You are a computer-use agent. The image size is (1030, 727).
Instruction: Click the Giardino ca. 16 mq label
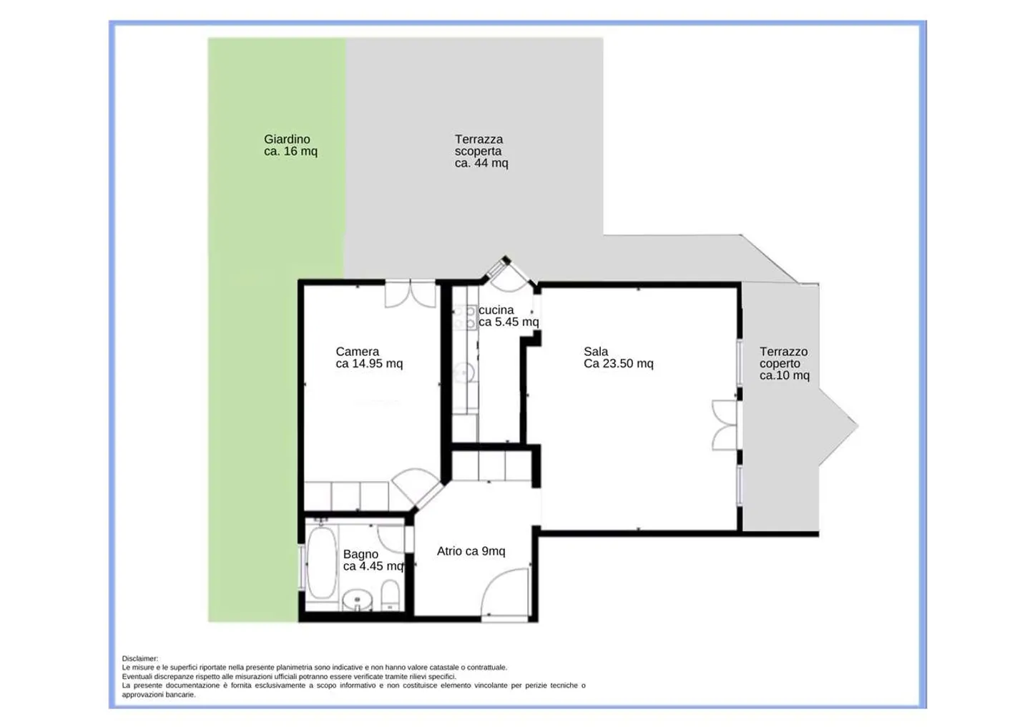coord(290,145)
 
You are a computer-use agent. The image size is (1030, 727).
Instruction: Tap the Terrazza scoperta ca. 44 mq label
coord(481,152)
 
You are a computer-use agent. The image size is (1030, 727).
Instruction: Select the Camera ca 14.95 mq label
coord(369,357)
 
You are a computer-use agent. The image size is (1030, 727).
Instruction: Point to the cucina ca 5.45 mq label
coord(509,316)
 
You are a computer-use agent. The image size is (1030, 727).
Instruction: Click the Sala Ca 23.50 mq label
coord(619,357)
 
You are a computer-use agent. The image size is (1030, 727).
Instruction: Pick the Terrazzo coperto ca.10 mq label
coord(785,363)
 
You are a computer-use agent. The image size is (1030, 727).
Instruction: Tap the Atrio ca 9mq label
coord(471,551)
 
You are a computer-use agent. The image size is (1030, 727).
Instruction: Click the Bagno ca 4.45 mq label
coord(373,560)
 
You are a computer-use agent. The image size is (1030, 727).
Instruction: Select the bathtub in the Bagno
coord(322,563)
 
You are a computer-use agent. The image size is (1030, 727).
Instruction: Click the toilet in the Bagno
coord(391,595)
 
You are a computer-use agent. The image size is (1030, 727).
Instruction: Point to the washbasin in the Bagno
coord(358,600)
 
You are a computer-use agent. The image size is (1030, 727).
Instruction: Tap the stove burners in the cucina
coord(464,318)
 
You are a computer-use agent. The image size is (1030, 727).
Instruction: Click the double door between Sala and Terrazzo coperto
coord(725,425)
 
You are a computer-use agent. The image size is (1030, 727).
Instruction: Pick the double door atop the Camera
coord(410,294)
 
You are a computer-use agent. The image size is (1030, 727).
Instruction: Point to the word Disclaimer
coord(139,658)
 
